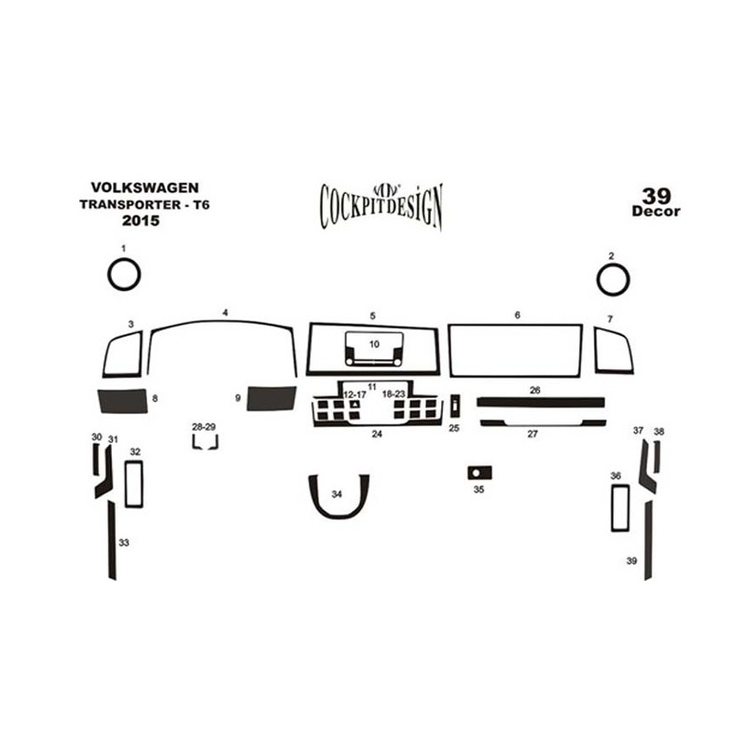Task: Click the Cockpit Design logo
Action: (x=381, y=206)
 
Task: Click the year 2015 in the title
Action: (x=141, y=221)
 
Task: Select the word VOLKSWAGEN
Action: (x=145, y=187)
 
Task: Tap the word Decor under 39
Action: (x=656, y=212)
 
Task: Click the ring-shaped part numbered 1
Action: (x=108, y=275)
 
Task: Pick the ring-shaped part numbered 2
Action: (x=598, y=280)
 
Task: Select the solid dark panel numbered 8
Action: (x=123, y=401)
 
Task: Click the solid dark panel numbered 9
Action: (x=271, y=398)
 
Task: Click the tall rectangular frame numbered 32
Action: (x=126, y=484)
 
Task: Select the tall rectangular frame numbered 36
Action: (x=613, y=507)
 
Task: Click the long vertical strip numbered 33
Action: (x=112, y=540)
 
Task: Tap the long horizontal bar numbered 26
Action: (x=541, y=403)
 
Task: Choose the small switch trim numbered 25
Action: (x=455, y=406)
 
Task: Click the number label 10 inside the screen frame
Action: (x=375, y=344)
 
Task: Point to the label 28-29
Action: (x=204, y=427)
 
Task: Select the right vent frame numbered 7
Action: (x=596, y=350)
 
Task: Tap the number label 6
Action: (x=518, y=315)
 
